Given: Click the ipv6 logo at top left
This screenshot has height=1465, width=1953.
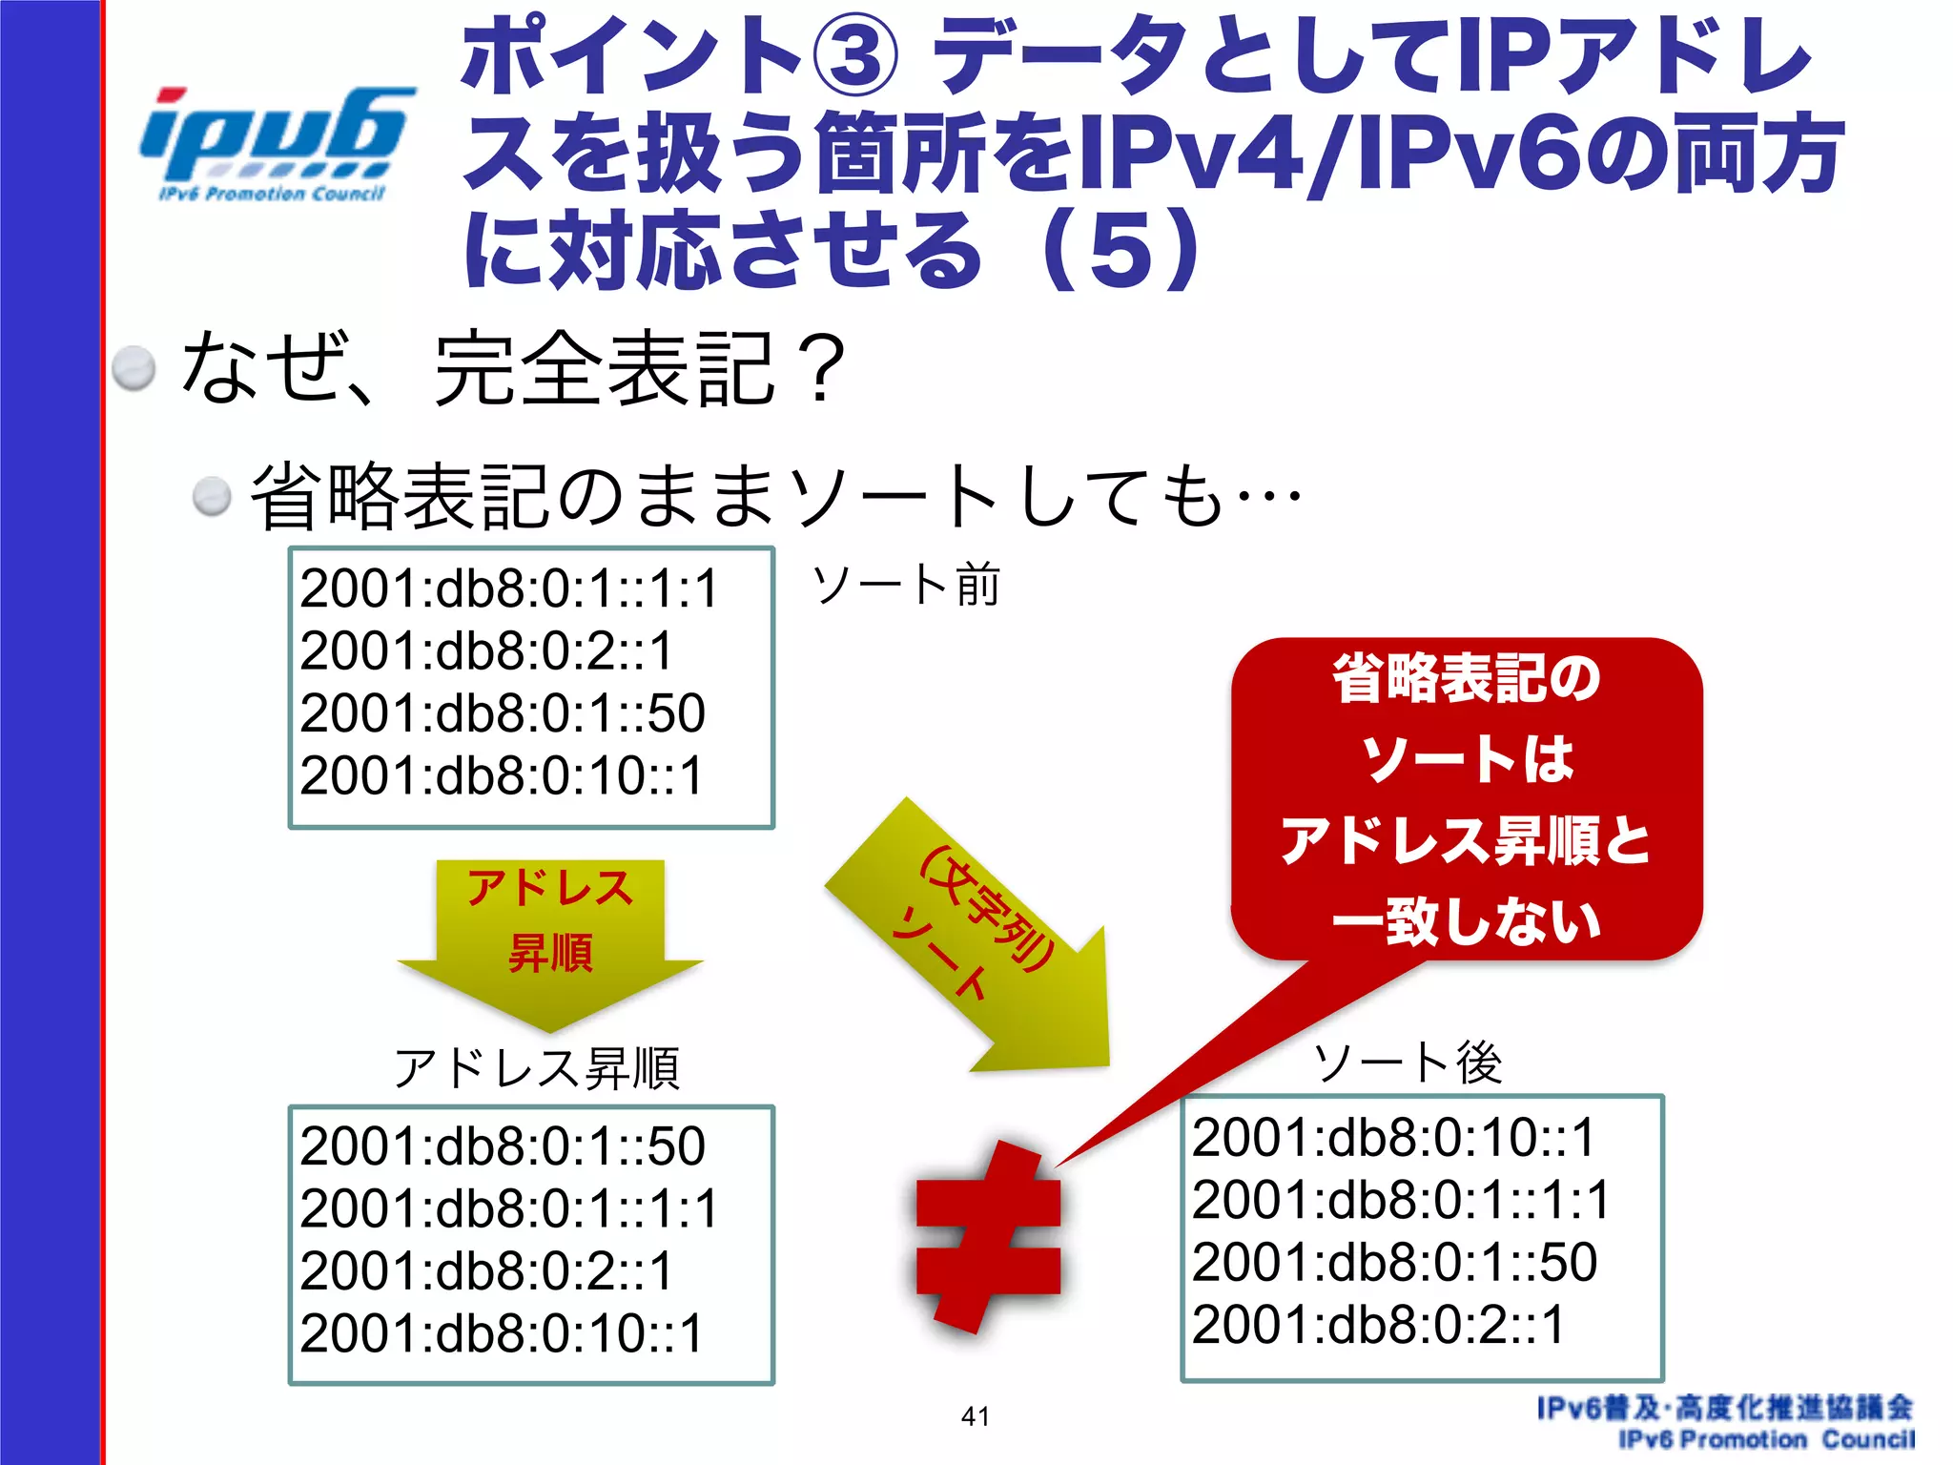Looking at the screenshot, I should (x=275, y=143).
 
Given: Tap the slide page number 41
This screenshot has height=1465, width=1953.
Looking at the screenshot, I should (x=975, y=1416).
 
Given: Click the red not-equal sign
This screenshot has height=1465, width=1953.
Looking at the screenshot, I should (x=988, y=1236).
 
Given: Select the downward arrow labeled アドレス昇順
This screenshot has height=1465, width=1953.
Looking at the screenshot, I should (x=549, y=939).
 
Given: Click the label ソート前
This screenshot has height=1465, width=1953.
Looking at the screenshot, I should (x=905, y=585).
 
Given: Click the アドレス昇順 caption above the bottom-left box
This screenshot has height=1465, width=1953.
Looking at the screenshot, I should (x=537, y=1067).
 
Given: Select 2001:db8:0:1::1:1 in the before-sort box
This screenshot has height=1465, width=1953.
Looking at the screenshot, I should (x=508, y=588).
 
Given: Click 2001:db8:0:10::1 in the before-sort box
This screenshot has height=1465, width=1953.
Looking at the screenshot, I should (x=502, y=775).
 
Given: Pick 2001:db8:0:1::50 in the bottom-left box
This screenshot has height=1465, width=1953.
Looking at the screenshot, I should (x=503, y=1146).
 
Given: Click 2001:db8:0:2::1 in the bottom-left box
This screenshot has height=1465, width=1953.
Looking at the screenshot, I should (x=486, y=1271).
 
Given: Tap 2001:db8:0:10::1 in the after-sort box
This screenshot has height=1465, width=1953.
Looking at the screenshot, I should (x=1393, y=1138).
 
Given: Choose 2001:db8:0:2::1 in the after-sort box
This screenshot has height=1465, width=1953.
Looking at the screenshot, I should (x=1378, y=1325).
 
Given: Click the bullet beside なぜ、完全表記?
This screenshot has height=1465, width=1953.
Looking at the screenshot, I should (x=134, y=368).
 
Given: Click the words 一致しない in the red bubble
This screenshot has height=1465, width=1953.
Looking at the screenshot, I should (x=1466, y=922).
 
